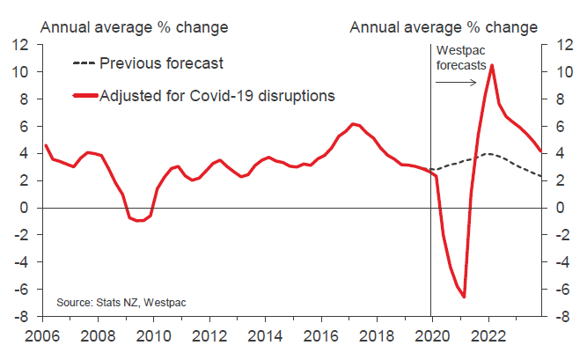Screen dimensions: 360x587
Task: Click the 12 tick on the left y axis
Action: click(22, 44)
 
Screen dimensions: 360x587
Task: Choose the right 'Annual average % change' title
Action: click(443, 26)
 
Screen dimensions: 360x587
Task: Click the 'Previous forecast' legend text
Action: click(162, 63)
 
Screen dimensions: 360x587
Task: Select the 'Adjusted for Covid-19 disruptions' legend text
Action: click(217, 94)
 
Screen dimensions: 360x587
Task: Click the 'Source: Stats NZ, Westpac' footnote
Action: click(122, 303)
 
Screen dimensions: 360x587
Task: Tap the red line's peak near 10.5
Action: click(491, 65)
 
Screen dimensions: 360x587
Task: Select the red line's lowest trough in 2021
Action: click(463, 297)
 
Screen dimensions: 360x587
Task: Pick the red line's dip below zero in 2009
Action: click(138, 220)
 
